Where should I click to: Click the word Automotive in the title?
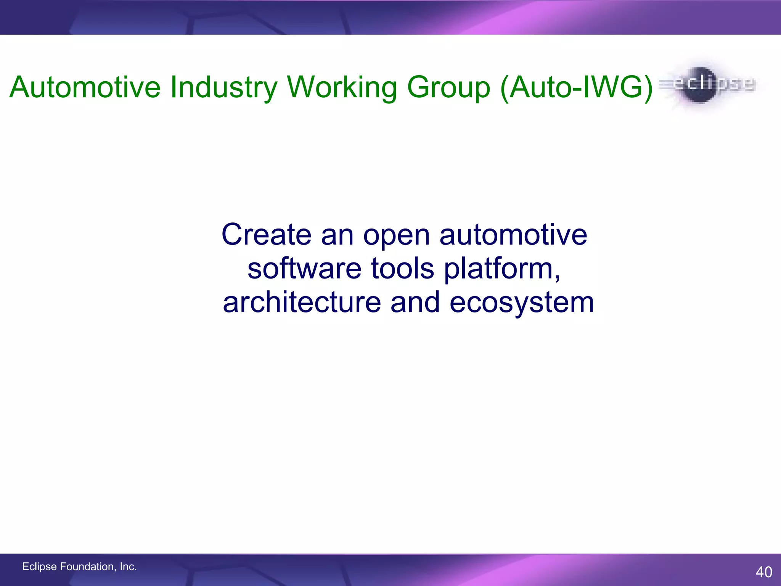[85, 87]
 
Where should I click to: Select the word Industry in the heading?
[223, 87]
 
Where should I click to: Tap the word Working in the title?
[342, 87]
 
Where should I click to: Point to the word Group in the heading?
[448, 87]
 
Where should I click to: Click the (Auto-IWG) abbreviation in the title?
[576, 87]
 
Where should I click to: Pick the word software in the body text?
[304, 268]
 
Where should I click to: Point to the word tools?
[402, 268]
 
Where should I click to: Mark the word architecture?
[302, 302]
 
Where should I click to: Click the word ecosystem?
[521, 303]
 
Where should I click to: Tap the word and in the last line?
[415, 302]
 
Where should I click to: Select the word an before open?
[337, 235]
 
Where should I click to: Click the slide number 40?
[763, 572]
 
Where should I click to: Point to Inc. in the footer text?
[128, 567]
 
